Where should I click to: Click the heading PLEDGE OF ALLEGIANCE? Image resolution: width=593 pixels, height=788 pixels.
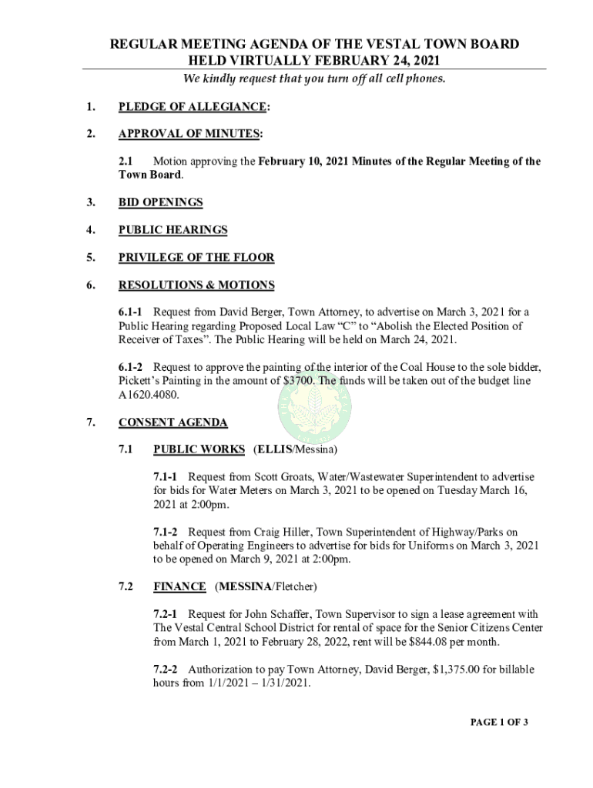193,107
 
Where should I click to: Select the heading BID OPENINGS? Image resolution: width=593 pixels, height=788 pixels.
160,202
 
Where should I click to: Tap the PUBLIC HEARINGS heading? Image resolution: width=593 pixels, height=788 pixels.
173,230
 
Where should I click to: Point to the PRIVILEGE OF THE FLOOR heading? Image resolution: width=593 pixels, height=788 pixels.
196,258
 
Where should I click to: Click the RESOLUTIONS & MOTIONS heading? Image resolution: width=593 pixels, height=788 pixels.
196,285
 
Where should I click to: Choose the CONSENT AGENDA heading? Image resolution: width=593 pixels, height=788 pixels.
173,422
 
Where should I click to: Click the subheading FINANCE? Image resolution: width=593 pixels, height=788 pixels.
179,587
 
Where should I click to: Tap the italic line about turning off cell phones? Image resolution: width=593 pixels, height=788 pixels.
313,79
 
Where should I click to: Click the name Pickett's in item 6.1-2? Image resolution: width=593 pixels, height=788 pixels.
141,381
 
